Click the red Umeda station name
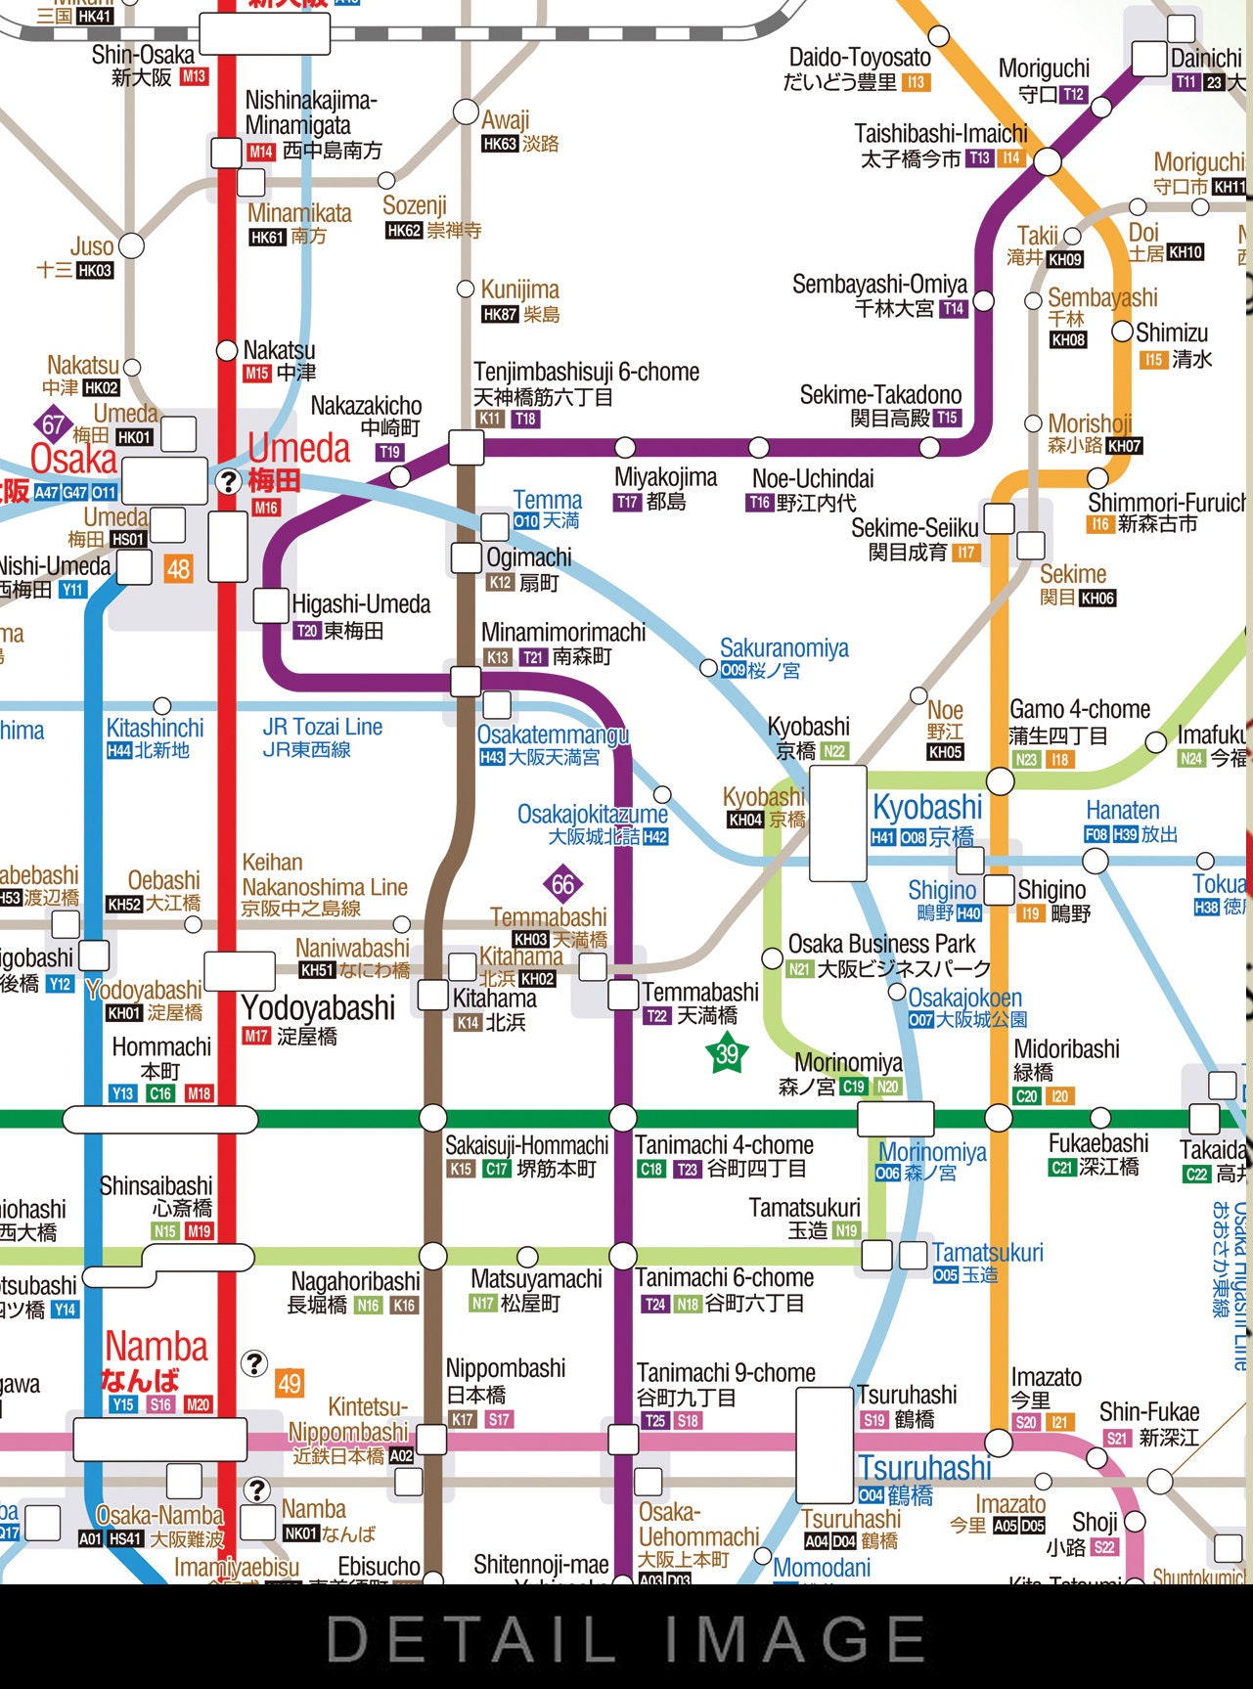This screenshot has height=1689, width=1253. point(298,449)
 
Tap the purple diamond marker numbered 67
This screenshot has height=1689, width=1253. point(53,425)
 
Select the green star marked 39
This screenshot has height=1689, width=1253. point(727,1053)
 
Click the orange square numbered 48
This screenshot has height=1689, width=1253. point(178,568)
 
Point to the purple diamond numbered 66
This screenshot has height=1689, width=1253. point(562,885)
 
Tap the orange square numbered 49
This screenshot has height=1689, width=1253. point(290,1383)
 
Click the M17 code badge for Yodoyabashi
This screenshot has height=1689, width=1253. point(256,1036)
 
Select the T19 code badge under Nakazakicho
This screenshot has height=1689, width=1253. point(389,452)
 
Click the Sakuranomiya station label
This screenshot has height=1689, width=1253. point(783,648)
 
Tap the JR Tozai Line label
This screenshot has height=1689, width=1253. point(322,728)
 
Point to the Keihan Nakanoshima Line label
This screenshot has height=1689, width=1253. point(325,887)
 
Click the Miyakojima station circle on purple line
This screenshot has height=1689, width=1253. point(625,448)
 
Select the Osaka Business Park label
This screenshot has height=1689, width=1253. point(881,944)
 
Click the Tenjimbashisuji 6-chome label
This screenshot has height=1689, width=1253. point(586,373)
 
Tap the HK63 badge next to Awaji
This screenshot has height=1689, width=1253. point(499,144)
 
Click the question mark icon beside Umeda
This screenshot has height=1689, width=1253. point(228,481)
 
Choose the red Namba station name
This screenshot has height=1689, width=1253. point(156,1348)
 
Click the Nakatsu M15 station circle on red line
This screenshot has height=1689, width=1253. point(227,350)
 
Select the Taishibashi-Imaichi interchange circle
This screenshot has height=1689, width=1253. point(1048,161)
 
